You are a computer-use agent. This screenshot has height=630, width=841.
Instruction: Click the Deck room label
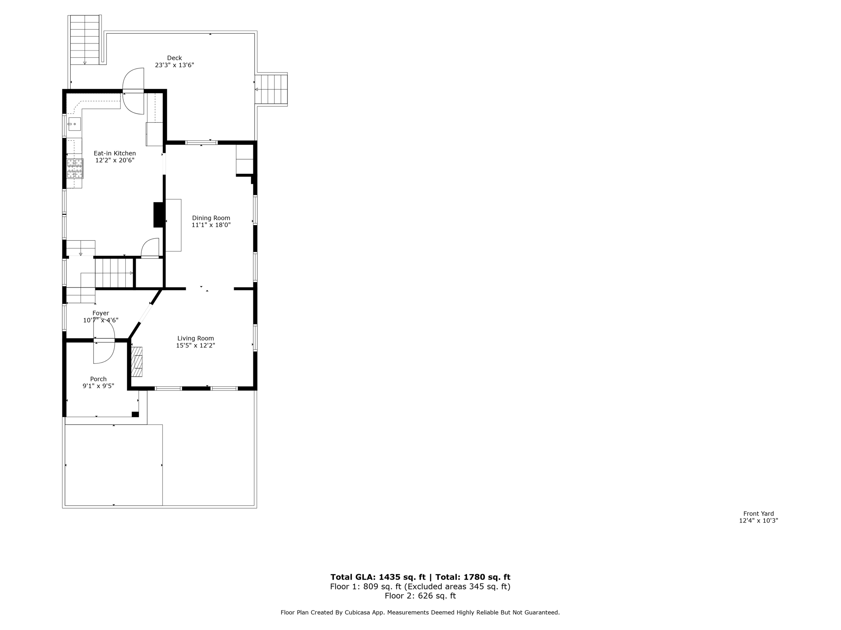pyautogui.click(x=174, y=58)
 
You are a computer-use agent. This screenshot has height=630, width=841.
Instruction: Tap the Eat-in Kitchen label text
pyautogui.click(x=115, y=153)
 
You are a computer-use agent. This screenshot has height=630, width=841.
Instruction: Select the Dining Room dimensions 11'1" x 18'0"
pyautogui.click(x=211, y=225)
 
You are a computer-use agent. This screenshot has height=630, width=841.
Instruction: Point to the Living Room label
pyautogui.click(x=195, y=338)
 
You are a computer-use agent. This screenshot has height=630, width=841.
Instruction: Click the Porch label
pyautogui.click(x=98, y=379)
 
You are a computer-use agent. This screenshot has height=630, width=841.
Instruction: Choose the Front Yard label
pyautogui.click(x=758, y=514)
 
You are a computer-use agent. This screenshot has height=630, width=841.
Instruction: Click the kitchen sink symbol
pyautogui.click(x=74, y=124)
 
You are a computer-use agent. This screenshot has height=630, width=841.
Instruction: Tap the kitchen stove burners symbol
pyautogui.click(x=75, y=169)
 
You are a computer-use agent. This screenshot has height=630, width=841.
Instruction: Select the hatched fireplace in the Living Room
pyautogui.click(x=137, y=362)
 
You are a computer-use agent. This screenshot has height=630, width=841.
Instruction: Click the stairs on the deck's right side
pyautogui.click(x=271, y=89)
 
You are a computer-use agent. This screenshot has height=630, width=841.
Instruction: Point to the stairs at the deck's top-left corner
pyautogui.click(x=85, y=40)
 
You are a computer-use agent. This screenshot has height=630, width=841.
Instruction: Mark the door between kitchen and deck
pyautogui.click(x=133, y=91)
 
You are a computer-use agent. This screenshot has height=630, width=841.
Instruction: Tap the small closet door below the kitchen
pyautogui.click(x=150, y=249)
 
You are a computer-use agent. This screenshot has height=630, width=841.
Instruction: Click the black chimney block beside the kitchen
pyautogui.click(x=159, y=215)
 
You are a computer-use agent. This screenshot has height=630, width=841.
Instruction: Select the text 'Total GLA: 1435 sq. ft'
pyautogui.click(x=378, y=577)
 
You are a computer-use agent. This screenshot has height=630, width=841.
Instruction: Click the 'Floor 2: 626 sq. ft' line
pyautogui.click(x=420, y=596)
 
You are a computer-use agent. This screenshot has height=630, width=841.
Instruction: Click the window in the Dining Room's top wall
pyautogui.click(x=201, y=143)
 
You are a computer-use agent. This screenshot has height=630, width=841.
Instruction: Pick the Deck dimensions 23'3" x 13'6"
pyautogui.click(x=174, y=65)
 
